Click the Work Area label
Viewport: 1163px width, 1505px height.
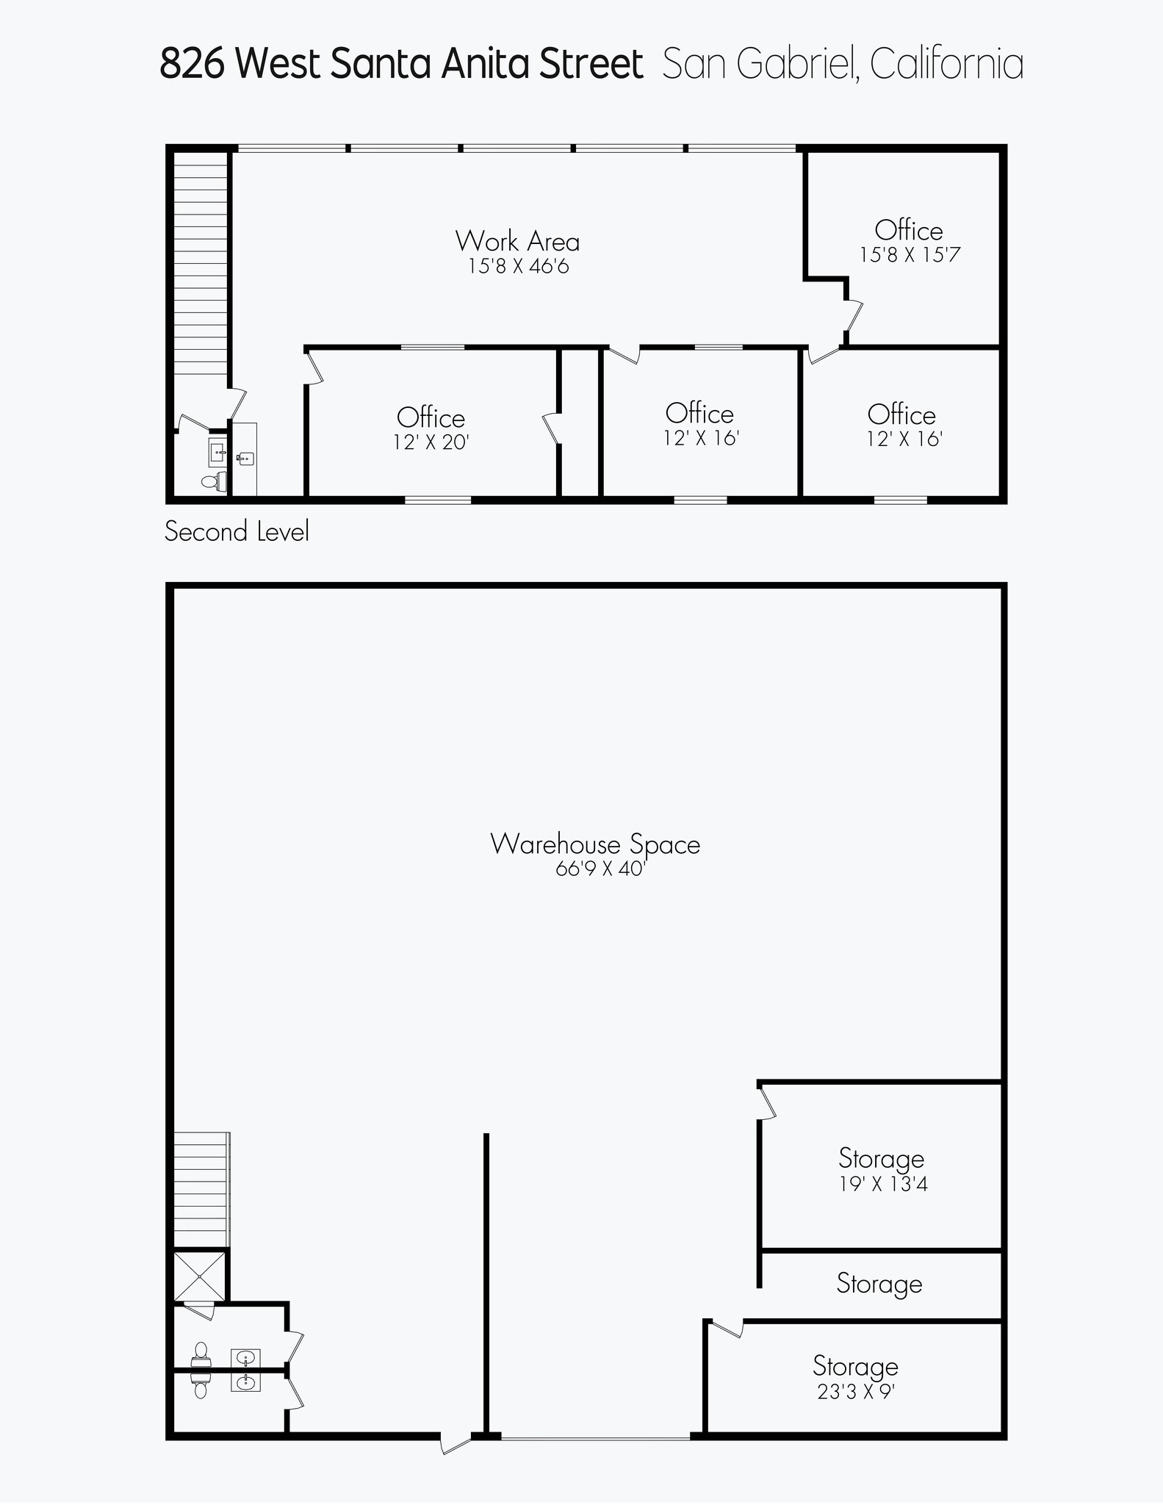(517, 241)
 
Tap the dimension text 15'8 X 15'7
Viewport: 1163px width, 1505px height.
(910, 255)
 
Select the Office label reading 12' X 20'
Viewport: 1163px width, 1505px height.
(431, 418)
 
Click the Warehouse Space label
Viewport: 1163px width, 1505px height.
(594, 844)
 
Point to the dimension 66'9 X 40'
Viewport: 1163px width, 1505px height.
(599, 869)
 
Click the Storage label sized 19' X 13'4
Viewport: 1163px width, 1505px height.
(882, 1159)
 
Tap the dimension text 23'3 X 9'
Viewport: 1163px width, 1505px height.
(855, 1392)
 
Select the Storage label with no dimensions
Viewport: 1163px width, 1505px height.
(879, 1284)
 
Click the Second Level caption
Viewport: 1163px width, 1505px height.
(237, 531)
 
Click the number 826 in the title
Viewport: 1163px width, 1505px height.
(192, 64)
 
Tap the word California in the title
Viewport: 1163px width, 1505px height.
(946, 64)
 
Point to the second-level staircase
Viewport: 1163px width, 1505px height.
(201, 265)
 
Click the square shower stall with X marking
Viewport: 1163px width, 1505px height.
(200, 1276)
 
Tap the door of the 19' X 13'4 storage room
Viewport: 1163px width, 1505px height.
(767, 1103)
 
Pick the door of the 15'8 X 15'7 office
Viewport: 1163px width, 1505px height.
(853, 317)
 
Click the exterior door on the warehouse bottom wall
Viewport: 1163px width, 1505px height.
(456, 1443)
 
